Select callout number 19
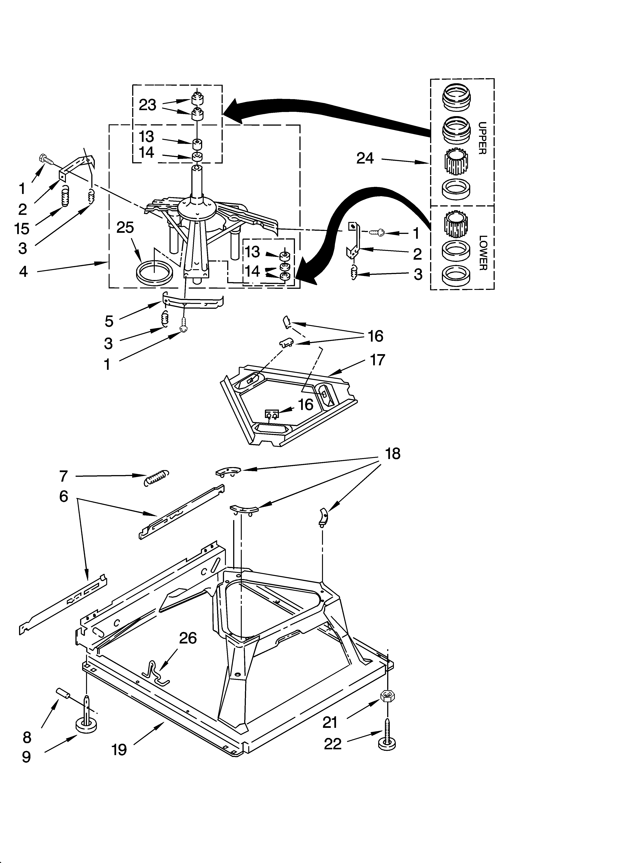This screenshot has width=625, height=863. [119, 750]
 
